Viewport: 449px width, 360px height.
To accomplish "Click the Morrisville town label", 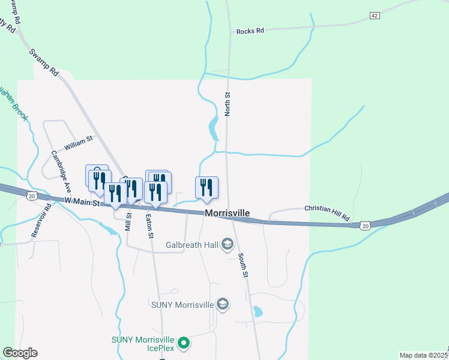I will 227,213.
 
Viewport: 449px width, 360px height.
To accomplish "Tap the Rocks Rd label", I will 250,31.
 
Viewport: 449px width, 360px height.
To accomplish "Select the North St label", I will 228,104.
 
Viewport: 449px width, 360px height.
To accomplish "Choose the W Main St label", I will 81,203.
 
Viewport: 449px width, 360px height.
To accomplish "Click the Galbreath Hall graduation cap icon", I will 228,244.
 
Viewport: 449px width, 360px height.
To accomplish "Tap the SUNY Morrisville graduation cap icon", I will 223,304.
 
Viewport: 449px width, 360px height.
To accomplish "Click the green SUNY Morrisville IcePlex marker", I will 185,343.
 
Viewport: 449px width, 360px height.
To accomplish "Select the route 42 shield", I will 375,16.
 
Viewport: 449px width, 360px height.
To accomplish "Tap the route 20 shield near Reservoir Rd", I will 31,196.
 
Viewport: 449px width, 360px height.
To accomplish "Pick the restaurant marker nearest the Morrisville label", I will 206,187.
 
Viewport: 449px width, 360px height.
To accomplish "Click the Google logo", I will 20,353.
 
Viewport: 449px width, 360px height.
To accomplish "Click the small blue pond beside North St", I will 213,127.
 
